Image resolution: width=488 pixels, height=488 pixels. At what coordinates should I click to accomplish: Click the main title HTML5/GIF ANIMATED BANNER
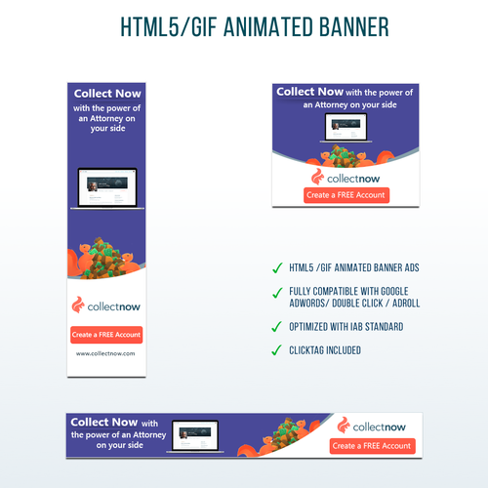(x=244, y=27)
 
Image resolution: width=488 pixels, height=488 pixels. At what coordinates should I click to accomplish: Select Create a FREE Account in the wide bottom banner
(x=372, y=445)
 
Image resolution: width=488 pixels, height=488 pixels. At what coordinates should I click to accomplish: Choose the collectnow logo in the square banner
(x=346, y=177)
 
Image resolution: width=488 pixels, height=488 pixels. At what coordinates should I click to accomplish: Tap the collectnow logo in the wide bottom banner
(x=372, y=425)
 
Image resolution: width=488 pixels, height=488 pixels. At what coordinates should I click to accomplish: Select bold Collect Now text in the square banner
(x=308, y=92)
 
